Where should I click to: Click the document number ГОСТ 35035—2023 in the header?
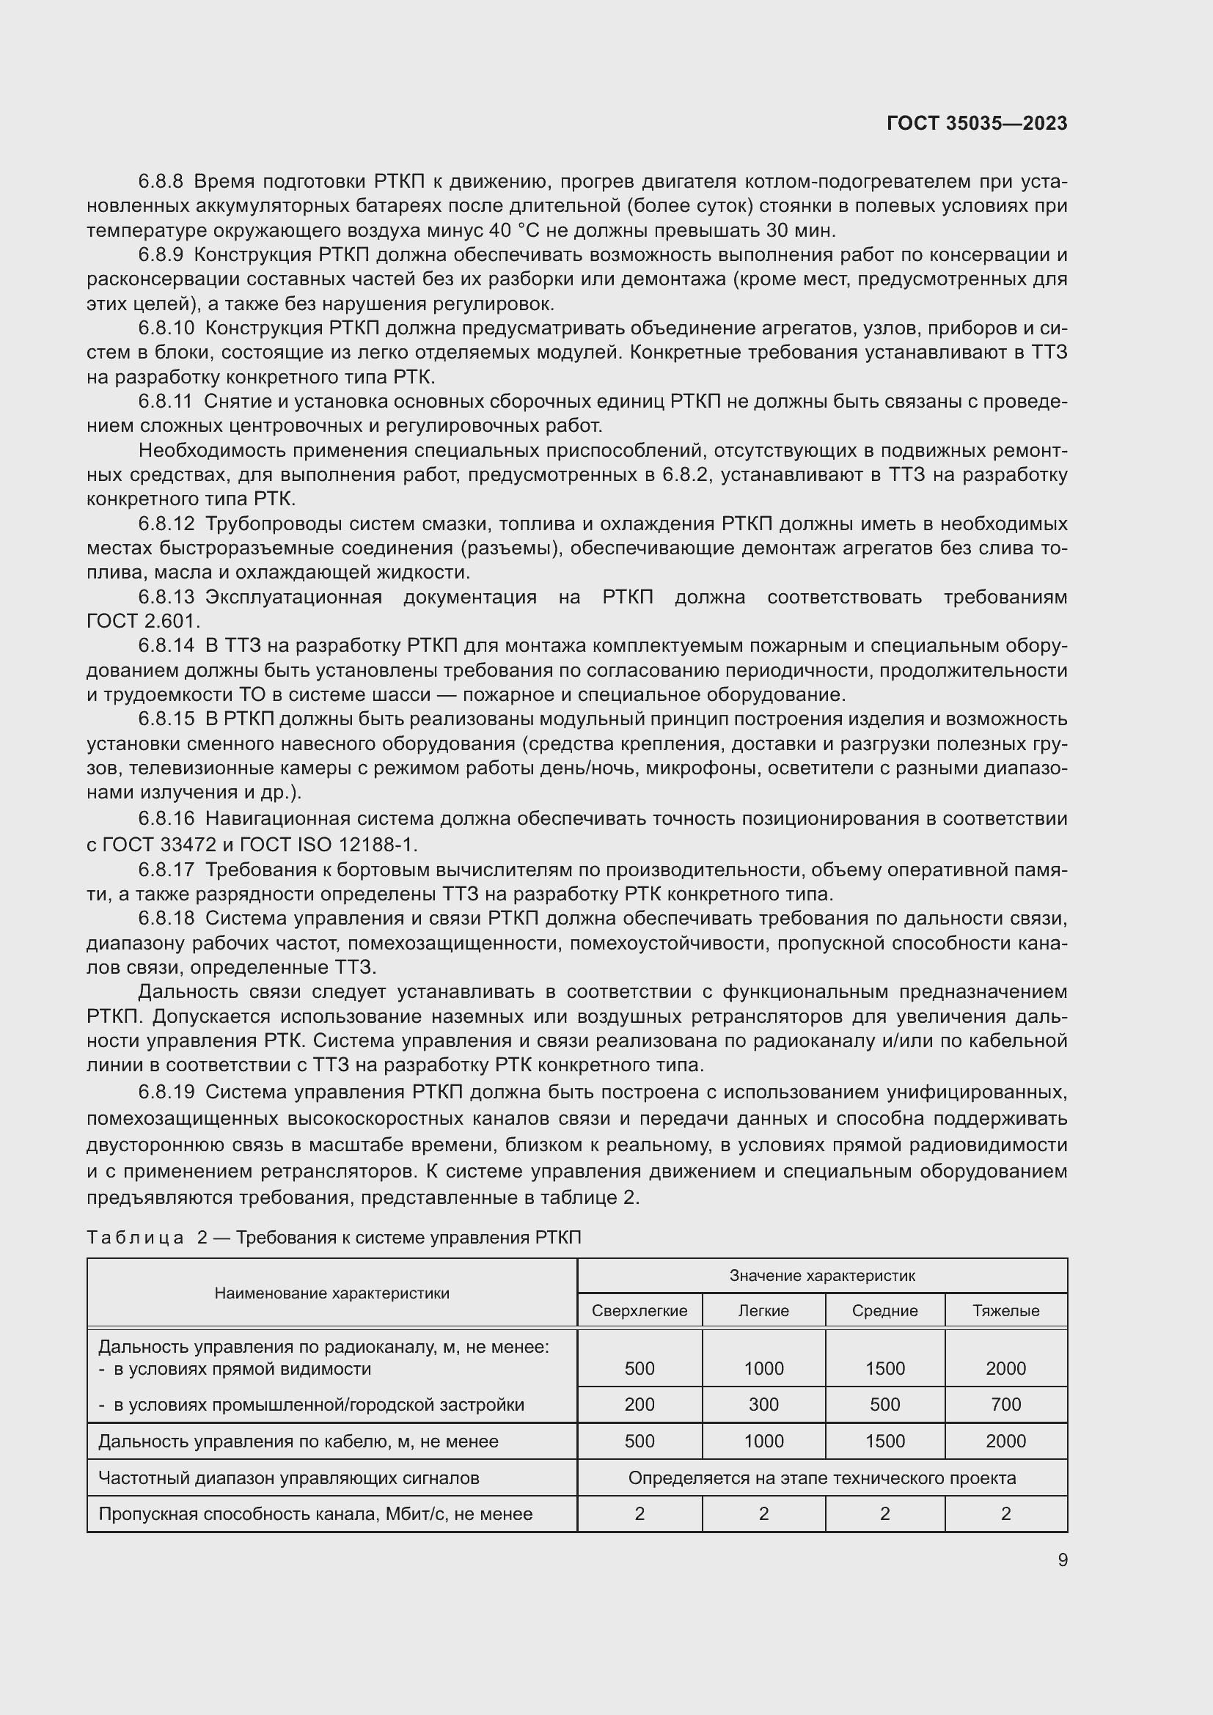click(x=976, y=123)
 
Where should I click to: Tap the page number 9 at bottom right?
click(x=1062, y=1560)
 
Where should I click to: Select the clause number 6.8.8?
click(x=160, y=182)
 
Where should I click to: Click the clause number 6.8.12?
click(x=166, y=524)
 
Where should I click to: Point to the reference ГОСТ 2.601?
click(x=143, y=621)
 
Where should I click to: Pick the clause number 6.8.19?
click(x=166, y=1092)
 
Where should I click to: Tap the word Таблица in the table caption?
click(x=135, y=1238)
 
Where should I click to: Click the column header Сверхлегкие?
click(x=639, y=1311)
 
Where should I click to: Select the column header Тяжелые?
click(x=1005, y=1311)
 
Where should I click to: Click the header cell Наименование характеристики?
click(x=331, y=1293)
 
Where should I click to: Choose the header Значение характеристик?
click(x=821, y=1276)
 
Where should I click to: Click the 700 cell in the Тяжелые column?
click(x=1005, y=1404)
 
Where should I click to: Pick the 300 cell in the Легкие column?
click(x=763, y=1404)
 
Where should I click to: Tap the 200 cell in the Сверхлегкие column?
click(x=639, y=1404)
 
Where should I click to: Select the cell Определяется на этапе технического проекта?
click(x=821, y=1477)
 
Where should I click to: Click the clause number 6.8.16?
click(x=166, y=819)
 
